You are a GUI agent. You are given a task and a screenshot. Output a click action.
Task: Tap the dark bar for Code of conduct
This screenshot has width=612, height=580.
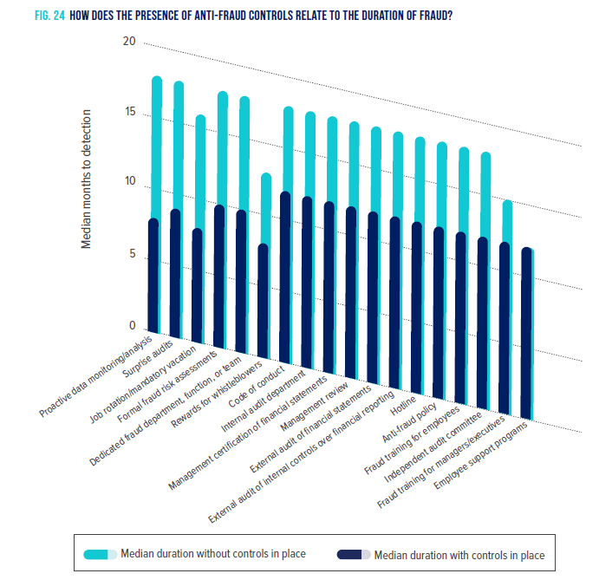(x=285, y=277)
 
